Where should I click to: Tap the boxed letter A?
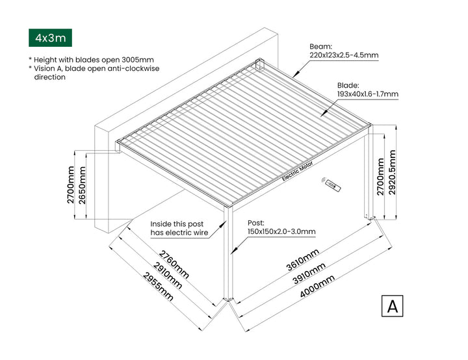click(x=392, y=306)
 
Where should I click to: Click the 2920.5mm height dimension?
click(x=392, y=172)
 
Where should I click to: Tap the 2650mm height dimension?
click(x=82, y=185)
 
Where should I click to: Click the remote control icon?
click(x=332, y=186)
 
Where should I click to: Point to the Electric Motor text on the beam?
click(x=298, y=170)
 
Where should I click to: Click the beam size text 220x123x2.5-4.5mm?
click(x=343, y=55)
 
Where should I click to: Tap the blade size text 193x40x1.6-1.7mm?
click(x=367, y=94)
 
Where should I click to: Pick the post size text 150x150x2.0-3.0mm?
click(x=281, y=231)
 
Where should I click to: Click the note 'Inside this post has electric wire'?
click(x=179, y=227)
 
